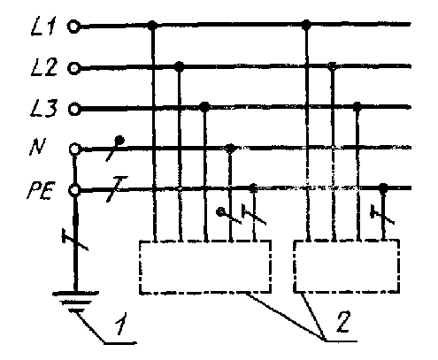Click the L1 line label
42,26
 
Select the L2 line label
43,67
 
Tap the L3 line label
43,108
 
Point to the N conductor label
37,147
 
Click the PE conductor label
41,190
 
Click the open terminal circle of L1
73,27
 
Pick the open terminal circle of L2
74,68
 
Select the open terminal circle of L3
74,110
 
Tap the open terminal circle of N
74,149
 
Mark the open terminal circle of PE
74,190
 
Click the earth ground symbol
75,302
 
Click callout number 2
342,321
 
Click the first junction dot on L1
152,26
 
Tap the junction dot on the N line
230,148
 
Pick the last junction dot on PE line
383,188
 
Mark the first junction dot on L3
204,107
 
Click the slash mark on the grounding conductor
75,240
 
